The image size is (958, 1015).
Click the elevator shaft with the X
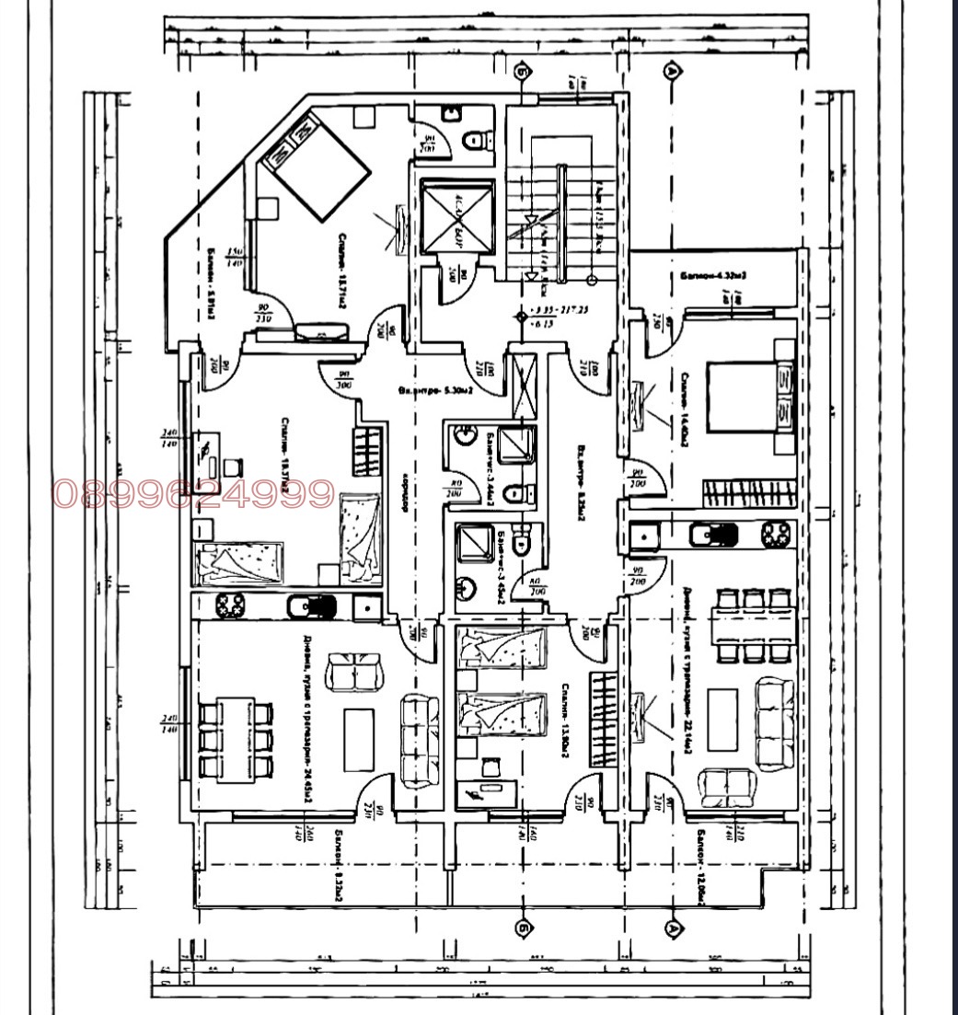(x=457, y=217)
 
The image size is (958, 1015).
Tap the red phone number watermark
(x=192, y=494)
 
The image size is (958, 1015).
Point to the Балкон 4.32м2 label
(x=713, y=275)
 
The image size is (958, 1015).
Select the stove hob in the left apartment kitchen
(x=227, y=606)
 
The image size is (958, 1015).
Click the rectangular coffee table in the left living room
(x=358, y=739)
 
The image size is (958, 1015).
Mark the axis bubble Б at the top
(x=524, y=71)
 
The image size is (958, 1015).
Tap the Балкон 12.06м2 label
(x=700, y=866)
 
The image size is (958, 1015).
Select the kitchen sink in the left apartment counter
(x=366, y=606)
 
